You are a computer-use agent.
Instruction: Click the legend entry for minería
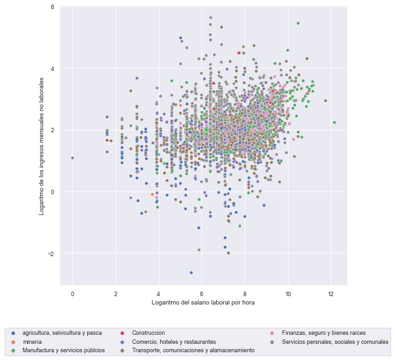click(32, 341)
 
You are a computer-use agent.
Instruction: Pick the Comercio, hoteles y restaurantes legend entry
click(174, 341)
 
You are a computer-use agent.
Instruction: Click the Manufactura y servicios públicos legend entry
click(63, 350)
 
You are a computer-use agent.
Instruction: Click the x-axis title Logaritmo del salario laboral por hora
click(203, 303)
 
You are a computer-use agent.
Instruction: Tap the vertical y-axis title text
click(41, 145)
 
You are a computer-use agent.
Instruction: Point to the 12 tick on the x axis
click(330, 294)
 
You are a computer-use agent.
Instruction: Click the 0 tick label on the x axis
click(73, 294)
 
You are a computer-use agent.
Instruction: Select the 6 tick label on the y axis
click(52, 6)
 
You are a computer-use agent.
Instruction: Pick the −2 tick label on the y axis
click(50, 254)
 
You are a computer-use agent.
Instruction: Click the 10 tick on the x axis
click(287, 294)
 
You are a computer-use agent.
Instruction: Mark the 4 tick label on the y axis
click(52, 68)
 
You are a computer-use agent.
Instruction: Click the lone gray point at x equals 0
click(73, 157)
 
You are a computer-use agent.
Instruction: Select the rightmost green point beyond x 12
click(334, 122)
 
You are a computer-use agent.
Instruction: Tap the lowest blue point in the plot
click(191, 272)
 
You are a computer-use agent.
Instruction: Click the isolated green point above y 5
click(298, 23)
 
